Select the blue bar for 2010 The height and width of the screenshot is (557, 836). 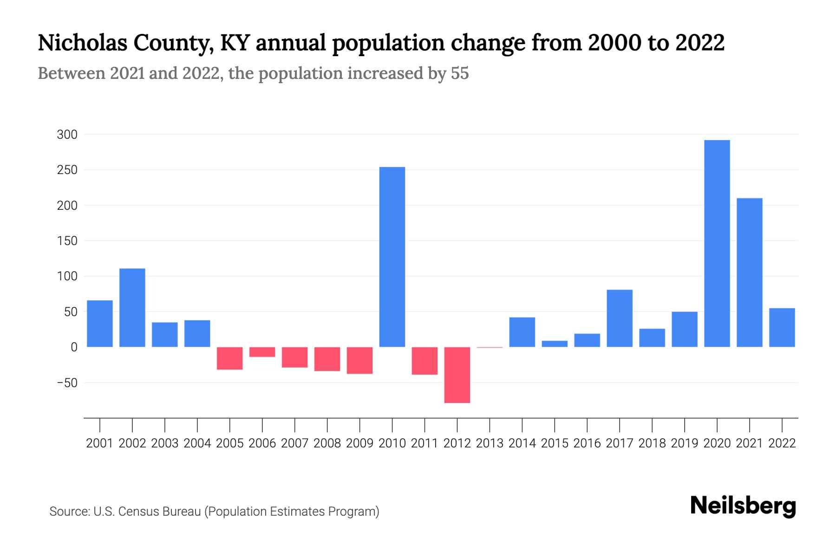tap(392, 257)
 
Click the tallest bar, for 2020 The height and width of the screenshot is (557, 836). tap(717, 243)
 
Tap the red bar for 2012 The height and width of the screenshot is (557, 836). tap(457, 375)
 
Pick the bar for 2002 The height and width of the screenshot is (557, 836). tap(132, 307)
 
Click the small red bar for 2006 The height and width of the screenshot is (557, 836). tap(262, 352)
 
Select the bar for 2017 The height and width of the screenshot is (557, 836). tap(620, 318)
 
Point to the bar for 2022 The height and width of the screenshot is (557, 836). tap(782, 327)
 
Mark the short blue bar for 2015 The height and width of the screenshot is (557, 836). tap(555, 344)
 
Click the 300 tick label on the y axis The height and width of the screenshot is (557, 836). tap(67, 135)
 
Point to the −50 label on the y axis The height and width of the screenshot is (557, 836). tap(67, 383)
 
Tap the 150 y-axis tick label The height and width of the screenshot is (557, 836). tap(67, 241)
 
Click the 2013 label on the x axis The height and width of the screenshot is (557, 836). tap(490, 443)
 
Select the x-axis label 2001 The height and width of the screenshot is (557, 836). tap(100, 443)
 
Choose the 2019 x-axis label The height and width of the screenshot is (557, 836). tap(684, 443)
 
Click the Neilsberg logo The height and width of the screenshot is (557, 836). tap(743, 506)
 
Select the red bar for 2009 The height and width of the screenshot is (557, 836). tap(360, 360)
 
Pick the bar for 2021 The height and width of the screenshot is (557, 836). tap(749, 272)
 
